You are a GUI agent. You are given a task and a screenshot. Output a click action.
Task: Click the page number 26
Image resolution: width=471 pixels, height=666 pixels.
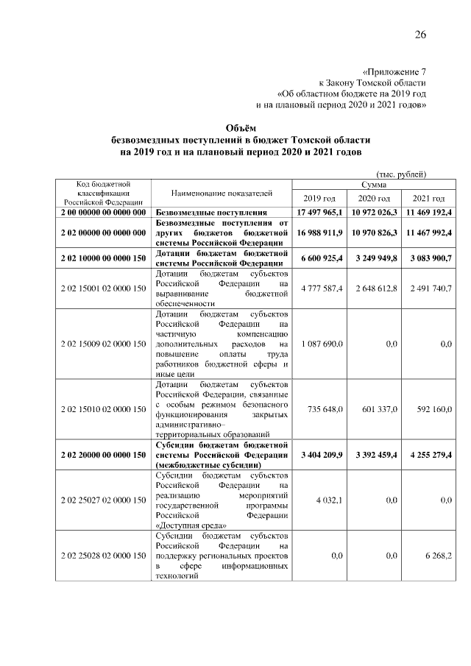point(420,35)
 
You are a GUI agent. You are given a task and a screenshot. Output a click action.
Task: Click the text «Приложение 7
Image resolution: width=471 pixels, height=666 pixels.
point(395,72)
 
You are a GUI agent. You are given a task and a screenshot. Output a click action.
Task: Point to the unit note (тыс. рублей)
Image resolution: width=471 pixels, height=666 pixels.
point(401,174)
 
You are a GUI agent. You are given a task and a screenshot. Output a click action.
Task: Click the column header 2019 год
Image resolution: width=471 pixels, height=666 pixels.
point(319,199)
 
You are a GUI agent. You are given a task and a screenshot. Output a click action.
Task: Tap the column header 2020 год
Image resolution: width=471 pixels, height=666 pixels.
point(374,199)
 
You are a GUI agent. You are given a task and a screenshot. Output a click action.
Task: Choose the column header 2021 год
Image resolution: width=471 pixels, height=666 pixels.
point(428,199)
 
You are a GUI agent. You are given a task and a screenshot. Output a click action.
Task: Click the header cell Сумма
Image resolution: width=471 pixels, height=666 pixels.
point(374,184)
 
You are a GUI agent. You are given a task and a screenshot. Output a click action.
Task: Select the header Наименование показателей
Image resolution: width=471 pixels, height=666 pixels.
point(222,193)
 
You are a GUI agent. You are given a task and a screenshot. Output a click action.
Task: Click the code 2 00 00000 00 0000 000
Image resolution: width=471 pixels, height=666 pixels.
point(103,212)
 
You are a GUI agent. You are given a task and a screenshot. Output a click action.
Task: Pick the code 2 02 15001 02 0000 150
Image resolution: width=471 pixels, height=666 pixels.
point(103,288)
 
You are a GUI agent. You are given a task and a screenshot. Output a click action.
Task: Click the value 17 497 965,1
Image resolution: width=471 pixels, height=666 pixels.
point(320,212)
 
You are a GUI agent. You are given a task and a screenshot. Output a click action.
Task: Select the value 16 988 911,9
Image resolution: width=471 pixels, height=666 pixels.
point(320,232)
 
